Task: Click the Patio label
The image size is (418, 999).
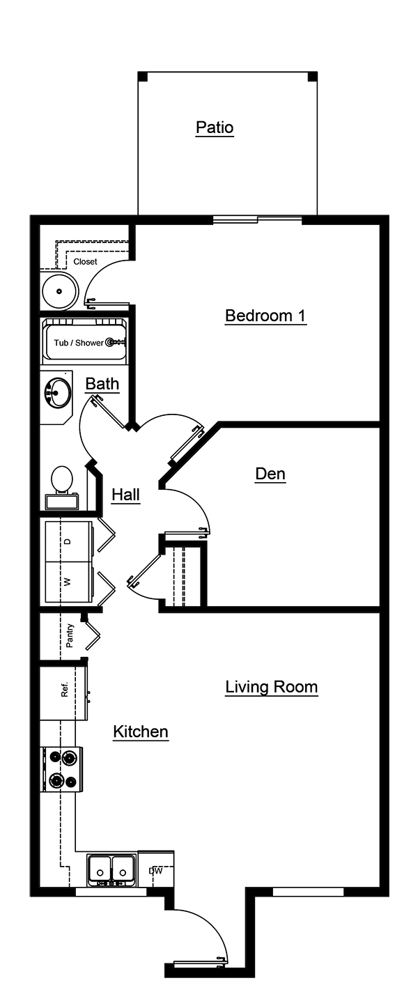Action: tap(215, 127)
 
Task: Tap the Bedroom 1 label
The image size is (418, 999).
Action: tap(265, 316)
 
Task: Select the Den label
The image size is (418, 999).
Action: tap(270, 474)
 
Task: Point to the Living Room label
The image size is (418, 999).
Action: tap(271, 687)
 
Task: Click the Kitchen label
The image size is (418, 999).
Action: tap(141, 731)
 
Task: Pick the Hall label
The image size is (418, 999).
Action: tap(126, 495)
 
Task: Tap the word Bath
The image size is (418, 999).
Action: tap(102, 384)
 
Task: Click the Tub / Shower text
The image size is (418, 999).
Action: tap(79, 343)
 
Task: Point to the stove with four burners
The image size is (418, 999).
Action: tap(62, 769)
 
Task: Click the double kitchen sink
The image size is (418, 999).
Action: tap(111, 869)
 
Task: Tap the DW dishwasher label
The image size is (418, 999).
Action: tap(155, 870)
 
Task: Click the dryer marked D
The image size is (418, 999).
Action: tap(68, 541)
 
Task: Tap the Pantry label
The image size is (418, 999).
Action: tap(70, 635)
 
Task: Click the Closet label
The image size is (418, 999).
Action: tap(85, 262)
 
